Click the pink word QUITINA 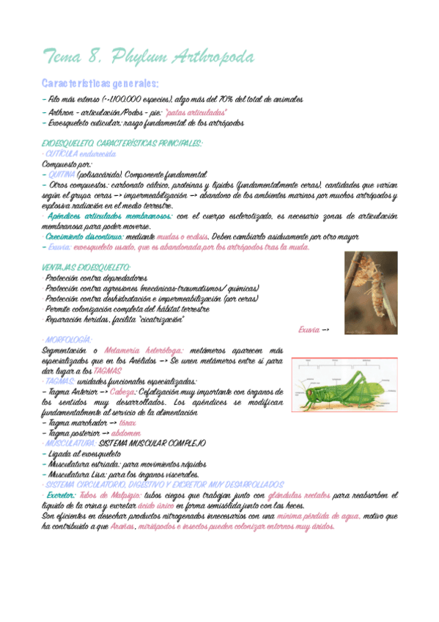coord(60,175)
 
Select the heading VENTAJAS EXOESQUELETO coord(91,268)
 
